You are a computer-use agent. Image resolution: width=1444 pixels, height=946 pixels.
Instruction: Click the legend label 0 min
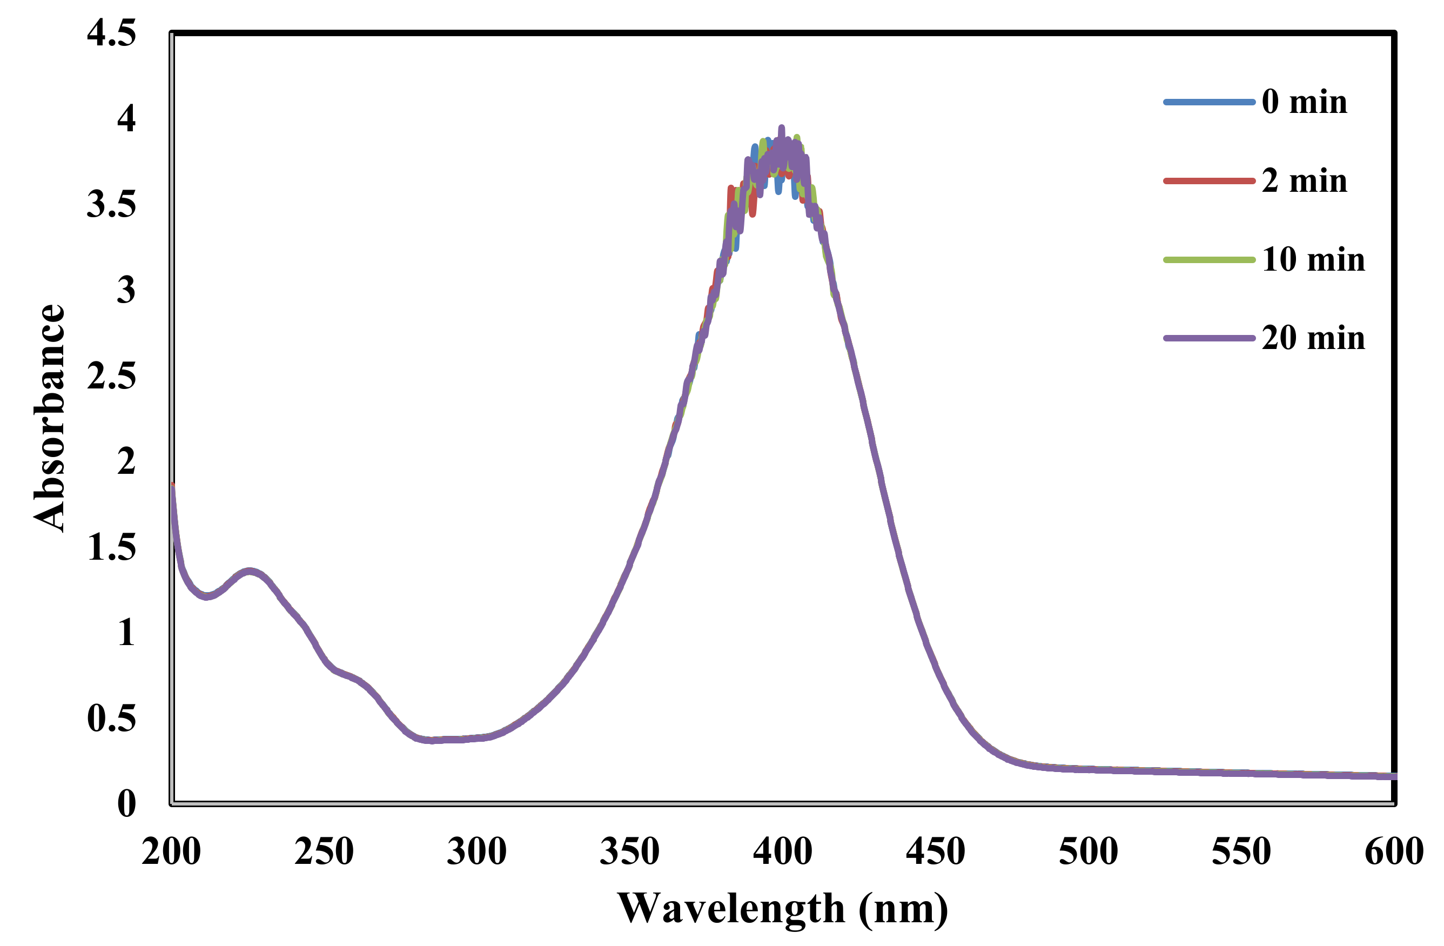pyautogui.click(x=1304, y=102)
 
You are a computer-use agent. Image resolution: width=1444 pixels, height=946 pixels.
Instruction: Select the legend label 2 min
pyautogui.click(x=1304, y=181)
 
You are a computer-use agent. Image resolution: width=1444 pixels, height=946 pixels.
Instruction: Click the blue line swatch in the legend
pyautogui.click(x=1208, y=102)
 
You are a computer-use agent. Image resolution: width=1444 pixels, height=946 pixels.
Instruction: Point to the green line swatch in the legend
pyautogui.click(x=1208, y=260)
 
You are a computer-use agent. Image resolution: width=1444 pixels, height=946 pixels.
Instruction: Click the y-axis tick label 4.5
pyautogui.click(x=111, y=33)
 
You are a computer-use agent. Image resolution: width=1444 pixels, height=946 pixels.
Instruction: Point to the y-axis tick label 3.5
pyautogui.click(x=111, y=205)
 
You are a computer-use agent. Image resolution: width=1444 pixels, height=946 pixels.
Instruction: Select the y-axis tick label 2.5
pyautogui.click(x=111, y=376)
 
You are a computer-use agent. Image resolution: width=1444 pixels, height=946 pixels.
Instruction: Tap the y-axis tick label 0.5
pyautogui.click(x=111, y=719)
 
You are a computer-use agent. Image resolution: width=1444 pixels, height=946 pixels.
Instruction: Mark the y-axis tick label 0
pyautogui.click(x=126, y=804)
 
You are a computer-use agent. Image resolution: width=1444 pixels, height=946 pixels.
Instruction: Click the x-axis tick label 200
pyautogui.click(x=171, y=851)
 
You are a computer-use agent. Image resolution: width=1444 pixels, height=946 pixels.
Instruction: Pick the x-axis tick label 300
pyautogui.click(x=477, y=851)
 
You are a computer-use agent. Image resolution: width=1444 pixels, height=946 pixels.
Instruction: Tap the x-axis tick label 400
pyautogui.click(x=783, y=851)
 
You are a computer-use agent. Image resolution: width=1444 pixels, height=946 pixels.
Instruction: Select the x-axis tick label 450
pyautogui.click(x=936, y=851)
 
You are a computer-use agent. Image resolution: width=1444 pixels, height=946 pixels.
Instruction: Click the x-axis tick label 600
pyautogui.click(x=1394, y=851)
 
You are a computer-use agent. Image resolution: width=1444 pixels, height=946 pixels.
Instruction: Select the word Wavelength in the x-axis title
pyautogui.click(x=730, y=908)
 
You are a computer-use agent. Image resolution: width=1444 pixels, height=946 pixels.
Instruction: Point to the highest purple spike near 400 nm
pyautogui.click(x=782, y=128)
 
